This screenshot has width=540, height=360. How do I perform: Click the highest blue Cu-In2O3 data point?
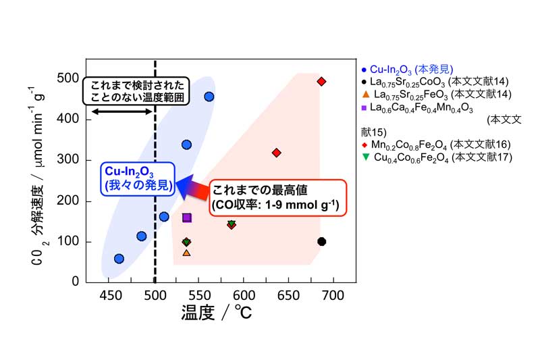tap(209, 97)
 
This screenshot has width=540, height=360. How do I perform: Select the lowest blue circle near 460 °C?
tap(119, 259)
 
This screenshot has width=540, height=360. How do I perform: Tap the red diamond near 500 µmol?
tap(321, 82)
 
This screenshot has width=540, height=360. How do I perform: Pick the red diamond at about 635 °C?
tap(276, 153)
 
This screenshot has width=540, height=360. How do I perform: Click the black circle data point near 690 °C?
tap(321, 242)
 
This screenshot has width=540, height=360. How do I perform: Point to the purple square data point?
tap(187, 217)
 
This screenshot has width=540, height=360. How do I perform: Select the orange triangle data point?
tap(186, 253)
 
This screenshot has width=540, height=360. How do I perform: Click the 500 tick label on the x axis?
tap(155, 295)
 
